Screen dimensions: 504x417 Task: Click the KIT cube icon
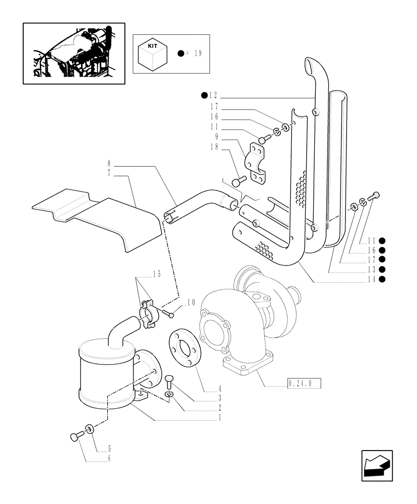[x=152, y=54]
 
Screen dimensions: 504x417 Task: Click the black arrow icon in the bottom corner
[x=376, y=465]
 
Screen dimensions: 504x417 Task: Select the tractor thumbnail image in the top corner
[x=74, y=53]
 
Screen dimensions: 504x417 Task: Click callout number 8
[x=109, y=163]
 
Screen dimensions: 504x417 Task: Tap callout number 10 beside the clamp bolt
[x=190, y=303]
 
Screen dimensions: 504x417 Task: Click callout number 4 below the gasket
[x=205, y=389]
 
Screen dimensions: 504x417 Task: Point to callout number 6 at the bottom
[x=109, y=459]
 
